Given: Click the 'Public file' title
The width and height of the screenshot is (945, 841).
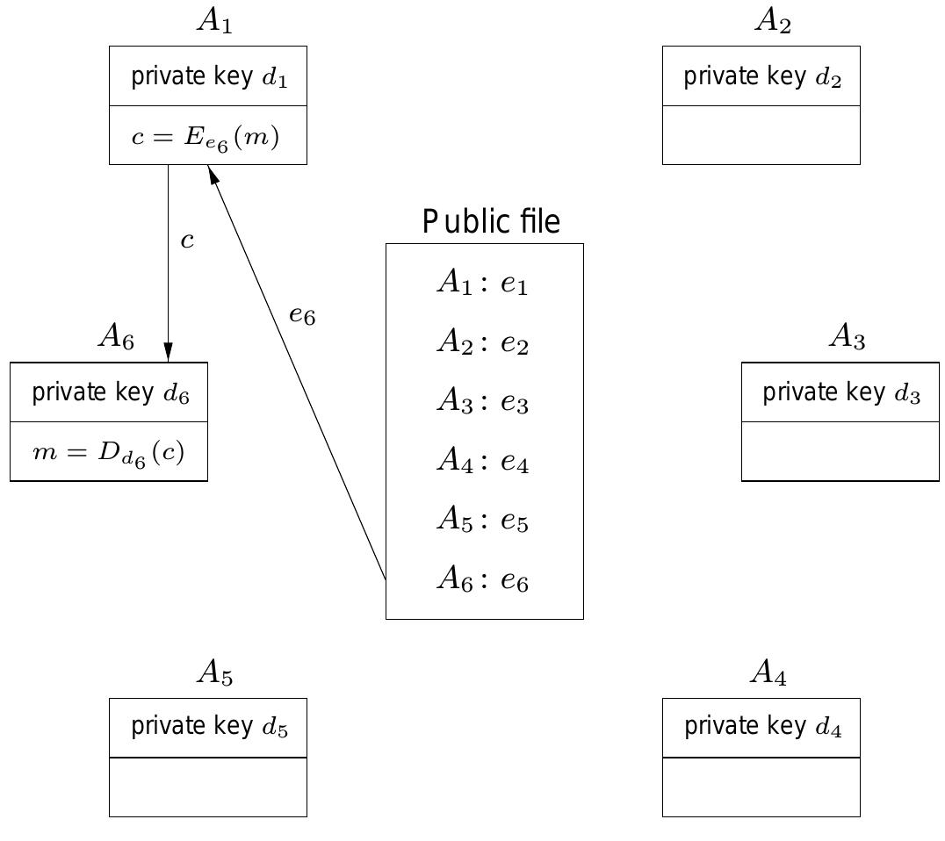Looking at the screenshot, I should [490, 222].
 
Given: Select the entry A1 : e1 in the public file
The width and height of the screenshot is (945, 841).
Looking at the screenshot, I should [482, 284].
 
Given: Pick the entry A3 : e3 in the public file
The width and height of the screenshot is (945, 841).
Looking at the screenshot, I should [482, 402].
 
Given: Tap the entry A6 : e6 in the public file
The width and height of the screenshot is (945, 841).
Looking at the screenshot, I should [482, 579].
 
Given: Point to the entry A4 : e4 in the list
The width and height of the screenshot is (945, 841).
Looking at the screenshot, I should [482, 461].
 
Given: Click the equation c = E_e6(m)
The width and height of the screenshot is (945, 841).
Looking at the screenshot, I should [206, 138].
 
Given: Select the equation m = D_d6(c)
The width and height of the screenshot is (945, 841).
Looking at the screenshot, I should [108, 453].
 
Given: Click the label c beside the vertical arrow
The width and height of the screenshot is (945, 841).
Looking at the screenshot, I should [187, 241].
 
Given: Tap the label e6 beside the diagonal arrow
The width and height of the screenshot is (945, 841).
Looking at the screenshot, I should [302, 314].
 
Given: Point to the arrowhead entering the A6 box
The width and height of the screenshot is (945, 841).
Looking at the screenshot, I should [168, 352].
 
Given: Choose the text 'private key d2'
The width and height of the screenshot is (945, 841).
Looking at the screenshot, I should [761, 77].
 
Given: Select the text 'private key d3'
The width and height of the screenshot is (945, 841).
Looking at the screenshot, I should [840, 392].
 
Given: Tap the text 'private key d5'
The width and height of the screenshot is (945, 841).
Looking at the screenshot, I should [208, 727].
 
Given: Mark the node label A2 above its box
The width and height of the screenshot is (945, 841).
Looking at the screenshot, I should [772, 21].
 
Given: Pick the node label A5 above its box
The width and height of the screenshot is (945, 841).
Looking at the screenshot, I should [214, 672].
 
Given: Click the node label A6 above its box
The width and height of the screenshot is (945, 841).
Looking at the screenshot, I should [116, 335].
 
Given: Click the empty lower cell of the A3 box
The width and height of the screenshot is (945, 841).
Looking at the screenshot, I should [840, 451].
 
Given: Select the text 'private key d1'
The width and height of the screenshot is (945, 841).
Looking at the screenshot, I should [208, 77].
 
